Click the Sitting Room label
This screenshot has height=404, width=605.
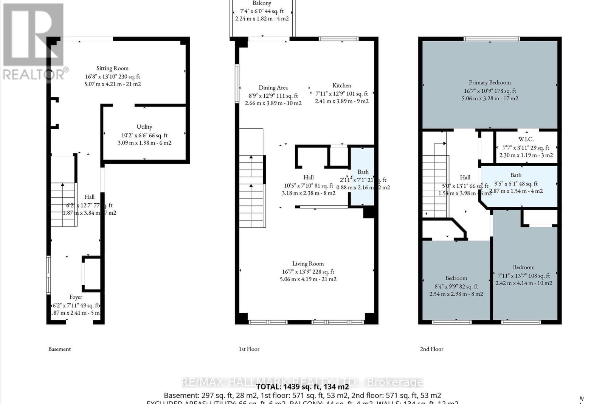tap(112, 68)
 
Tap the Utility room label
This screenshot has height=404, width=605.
tap(144, 127)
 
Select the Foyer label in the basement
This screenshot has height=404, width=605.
tap(76, 297)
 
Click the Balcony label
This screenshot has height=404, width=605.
tap(262, 3)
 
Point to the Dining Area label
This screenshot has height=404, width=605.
tap(273, 87)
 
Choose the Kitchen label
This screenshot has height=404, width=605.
tap(341, 86)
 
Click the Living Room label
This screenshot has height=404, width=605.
tap(308, 264)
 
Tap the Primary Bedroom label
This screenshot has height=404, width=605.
tap(490, 83)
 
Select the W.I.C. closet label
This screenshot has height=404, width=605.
tap(526, 139)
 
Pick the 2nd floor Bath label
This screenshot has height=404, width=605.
tap(516, 175)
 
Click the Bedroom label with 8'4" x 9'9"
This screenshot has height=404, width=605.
tap(456, 278)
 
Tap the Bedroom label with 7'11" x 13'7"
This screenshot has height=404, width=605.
tap(524, 267)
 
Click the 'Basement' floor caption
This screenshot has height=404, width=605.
tap(59, 349)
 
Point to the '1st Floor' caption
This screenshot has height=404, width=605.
tap(249, 349)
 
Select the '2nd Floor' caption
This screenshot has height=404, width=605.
tap(431, 349)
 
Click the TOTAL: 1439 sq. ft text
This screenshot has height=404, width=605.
tap(302, 387)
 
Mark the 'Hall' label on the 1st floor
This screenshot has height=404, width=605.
tap(309, 177)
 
